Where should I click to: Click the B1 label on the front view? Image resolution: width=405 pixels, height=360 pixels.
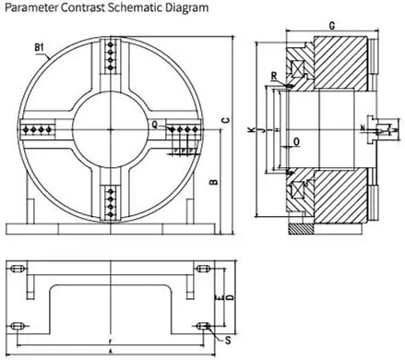click(x=40, y=46)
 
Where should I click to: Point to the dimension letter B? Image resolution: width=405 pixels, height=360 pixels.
click(x=213, y=182)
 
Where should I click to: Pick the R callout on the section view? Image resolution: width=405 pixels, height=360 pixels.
click(x=275, y=76)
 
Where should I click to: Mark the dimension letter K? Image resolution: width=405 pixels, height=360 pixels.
click(x=251, y=132)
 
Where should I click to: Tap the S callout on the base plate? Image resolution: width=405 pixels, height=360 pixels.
click(x=227, y=340)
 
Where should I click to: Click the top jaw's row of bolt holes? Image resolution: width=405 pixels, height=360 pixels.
click(x=112, y=66)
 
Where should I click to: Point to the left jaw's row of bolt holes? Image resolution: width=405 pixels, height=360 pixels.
click(x=42, y=130)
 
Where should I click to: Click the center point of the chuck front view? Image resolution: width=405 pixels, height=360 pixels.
click(x=112, y=130)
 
